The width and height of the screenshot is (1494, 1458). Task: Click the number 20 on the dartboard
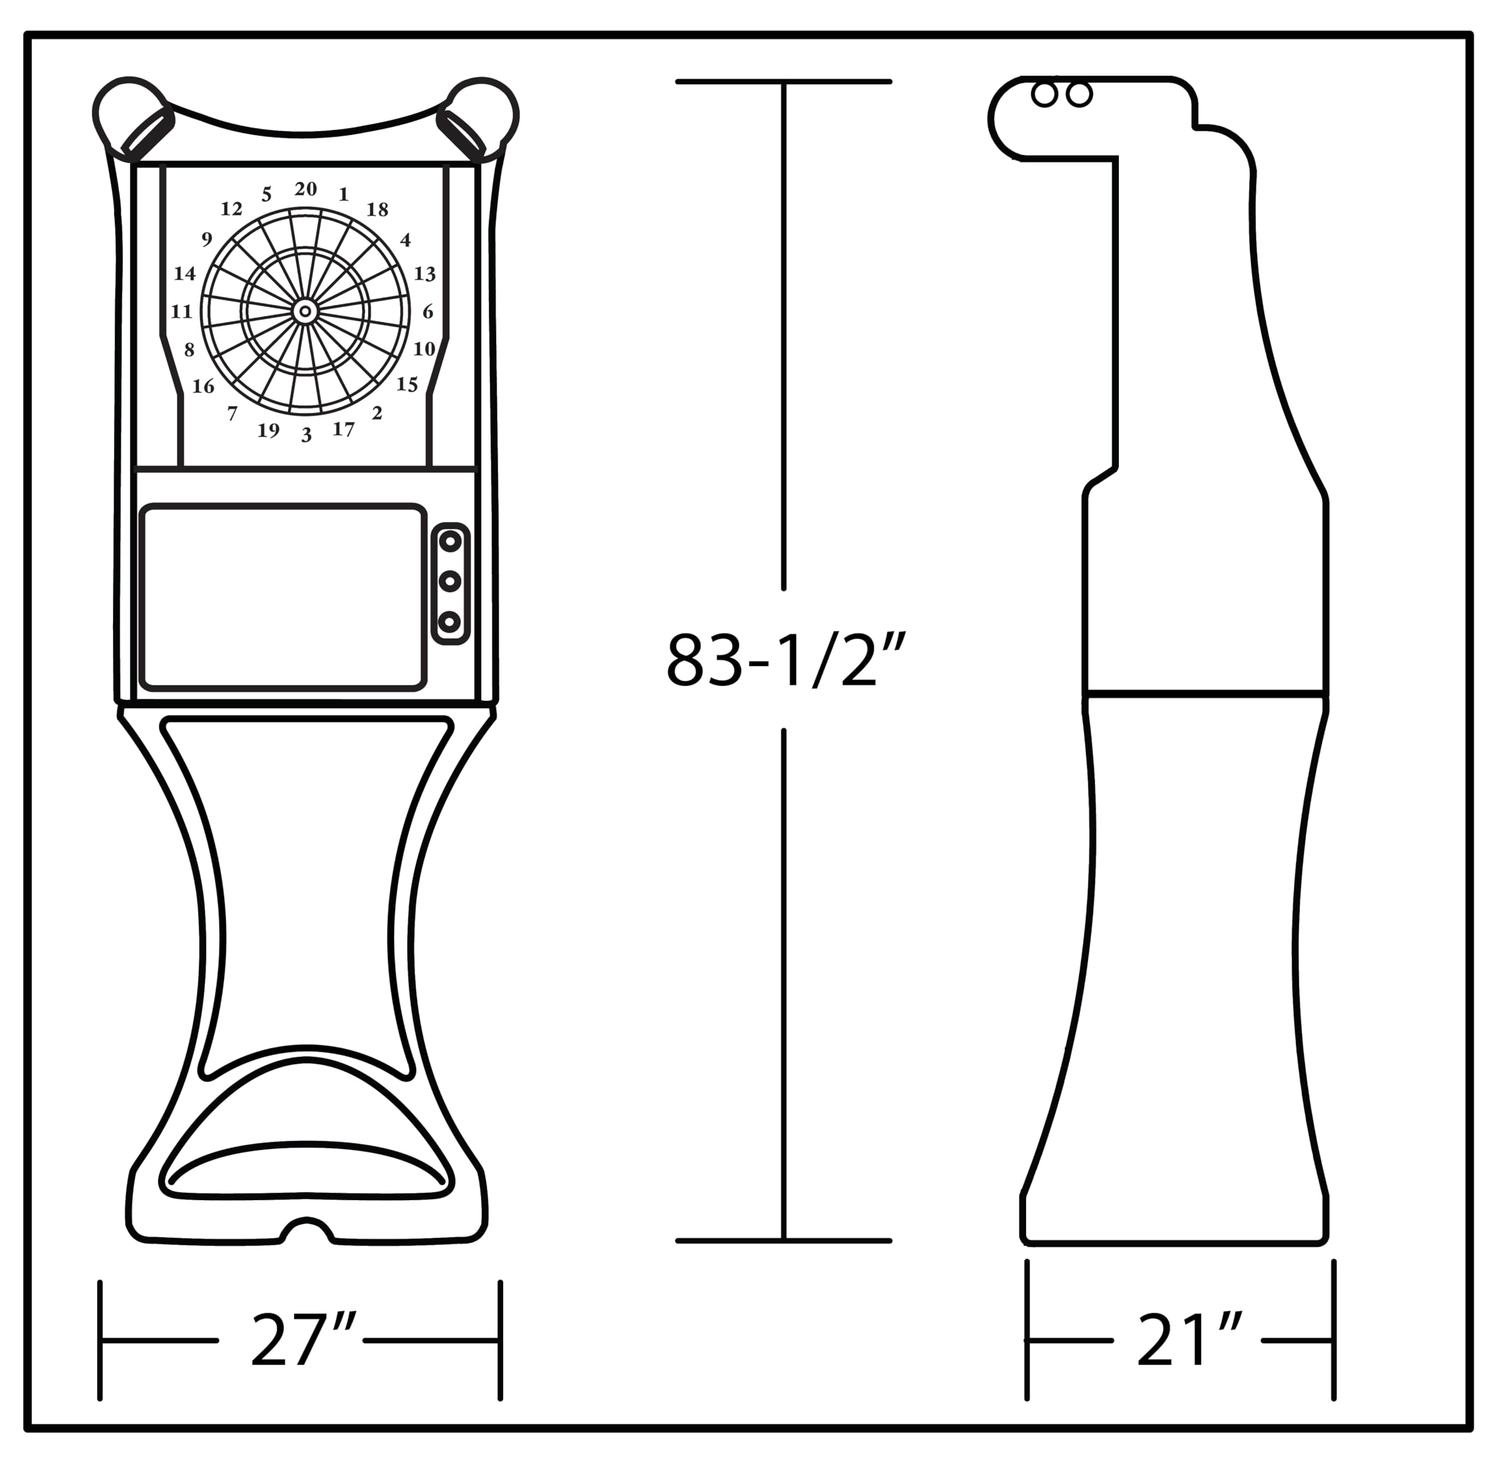pyautogui.click(x=306, y=189)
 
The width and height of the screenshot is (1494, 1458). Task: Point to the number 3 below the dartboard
pyautogui.click(x=306, y=435)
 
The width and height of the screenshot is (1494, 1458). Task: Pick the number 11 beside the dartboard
pyautogui.click(x=181, y=312)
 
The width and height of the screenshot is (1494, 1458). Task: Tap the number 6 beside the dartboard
pyautogui.click(x=428, y=311)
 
